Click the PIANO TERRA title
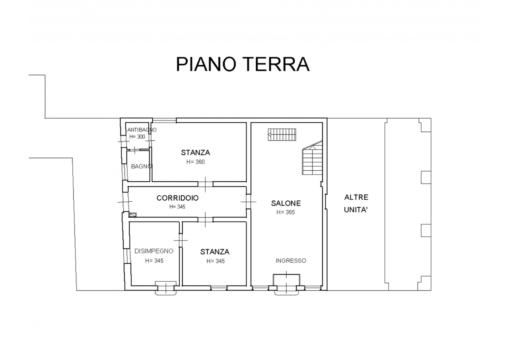click(243, 64)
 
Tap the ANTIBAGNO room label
click(142, 130)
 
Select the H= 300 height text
click(137, 136)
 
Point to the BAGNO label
click(141, 166)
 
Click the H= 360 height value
click(195, 162)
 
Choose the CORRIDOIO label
click(177, 198)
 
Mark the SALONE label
click(286, 203)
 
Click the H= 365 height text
click(286, 212)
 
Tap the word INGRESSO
click(291, 261)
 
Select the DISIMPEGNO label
click(154, 251)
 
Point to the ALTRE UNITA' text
click(356, 203)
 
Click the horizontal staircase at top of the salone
click(282, 134)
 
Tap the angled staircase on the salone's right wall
click(312, 158)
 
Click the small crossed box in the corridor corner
click(133, 214)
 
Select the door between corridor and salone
click(249, 202)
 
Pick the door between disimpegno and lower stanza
click(181, 240)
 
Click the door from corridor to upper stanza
click(206, 184)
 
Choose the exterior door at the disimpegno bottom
click(166, 288)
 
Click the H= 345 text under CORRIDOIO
click(177, 206)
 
